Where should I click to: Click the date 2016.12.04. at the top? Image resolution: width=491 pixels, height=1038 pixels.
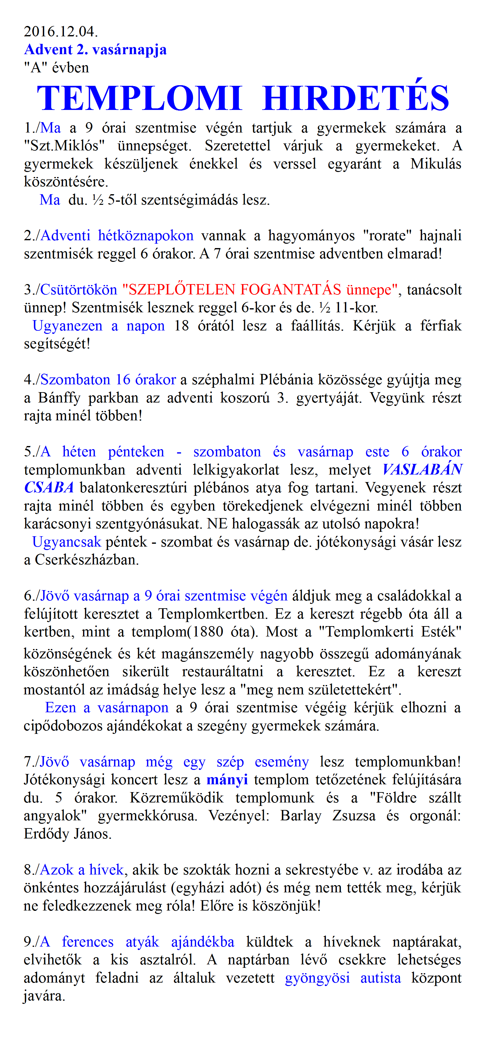(x=61, y=31)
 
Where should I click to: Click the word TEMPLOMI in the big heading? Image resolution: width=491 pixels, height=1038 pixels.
(x=139, y=98)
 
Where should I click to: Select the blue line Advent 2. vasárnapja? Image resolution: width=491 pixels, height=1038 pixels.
(x=95, y=49)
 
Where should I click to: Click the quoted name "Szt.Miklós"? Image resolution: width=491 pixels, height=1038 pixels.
(x=65, y=145)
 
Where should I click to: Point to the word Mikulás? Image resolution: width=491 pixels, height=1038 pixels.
(x=436, y=163)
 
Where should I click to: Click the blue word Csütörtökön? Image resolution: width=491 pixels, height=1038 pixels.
(x=79, y=289)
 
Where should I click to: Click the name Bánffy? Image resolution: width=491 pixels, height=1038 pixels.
(x=59, y=398)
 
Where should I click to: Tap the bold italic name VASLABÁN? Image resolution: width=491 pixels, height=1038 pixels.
(x=422, y=470)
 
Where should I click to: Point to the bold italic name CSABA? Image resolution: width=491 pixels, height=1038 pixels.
(x=49, y=488)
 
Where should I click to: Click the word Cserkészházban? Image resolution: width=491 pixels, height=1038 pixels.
(x=87, y=560)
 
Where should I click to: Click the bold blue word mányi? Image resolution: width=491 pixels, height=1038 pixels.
(x=227, y=780)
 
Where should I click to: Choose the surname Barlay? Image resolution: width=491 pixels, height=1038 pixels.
(x=301, y=816)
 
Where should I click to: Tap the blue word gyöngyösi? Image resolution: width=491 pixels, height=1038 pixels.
(x=317, y=978)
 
